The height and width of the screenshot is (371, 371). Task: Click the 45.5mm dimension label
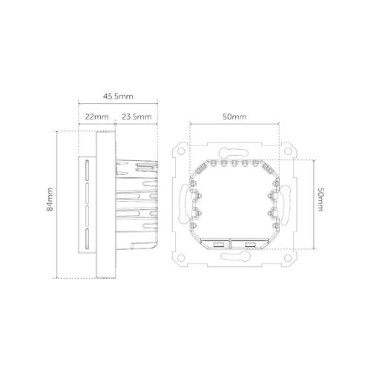pyautogui.click(x=118, y=96)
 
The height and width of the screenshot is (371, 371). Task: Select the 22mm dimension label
pyautogui.click(x=96, y=116)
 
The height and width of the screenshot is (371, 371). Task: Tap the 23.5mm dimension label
pyautogui.click(x=137, y=116)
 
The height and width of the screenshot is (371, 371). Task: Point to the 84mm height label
pyautogui.click(x=50, y=199)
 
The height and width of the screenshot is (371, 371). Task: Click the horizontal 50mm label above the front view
pyautogui.click(x=234, y=116)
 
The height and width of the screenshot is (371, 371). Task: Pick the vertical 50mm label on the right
pyautogui.click(x=321, y=200)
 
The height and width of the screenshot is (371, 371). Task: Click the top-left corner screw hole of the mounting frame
pyautogui.click(x=181, y=151)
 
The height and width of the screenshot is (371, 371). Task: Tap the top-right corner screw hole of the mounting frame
pyautogui.click(x=287, y=151)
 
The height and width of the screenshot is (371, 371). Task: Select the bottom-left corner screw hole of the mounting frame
pyautogui.click(x=181, y=258)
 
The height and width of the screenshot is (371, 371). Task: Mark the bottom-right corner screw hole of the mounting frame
pyautogui.click(x=287, y=258)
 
